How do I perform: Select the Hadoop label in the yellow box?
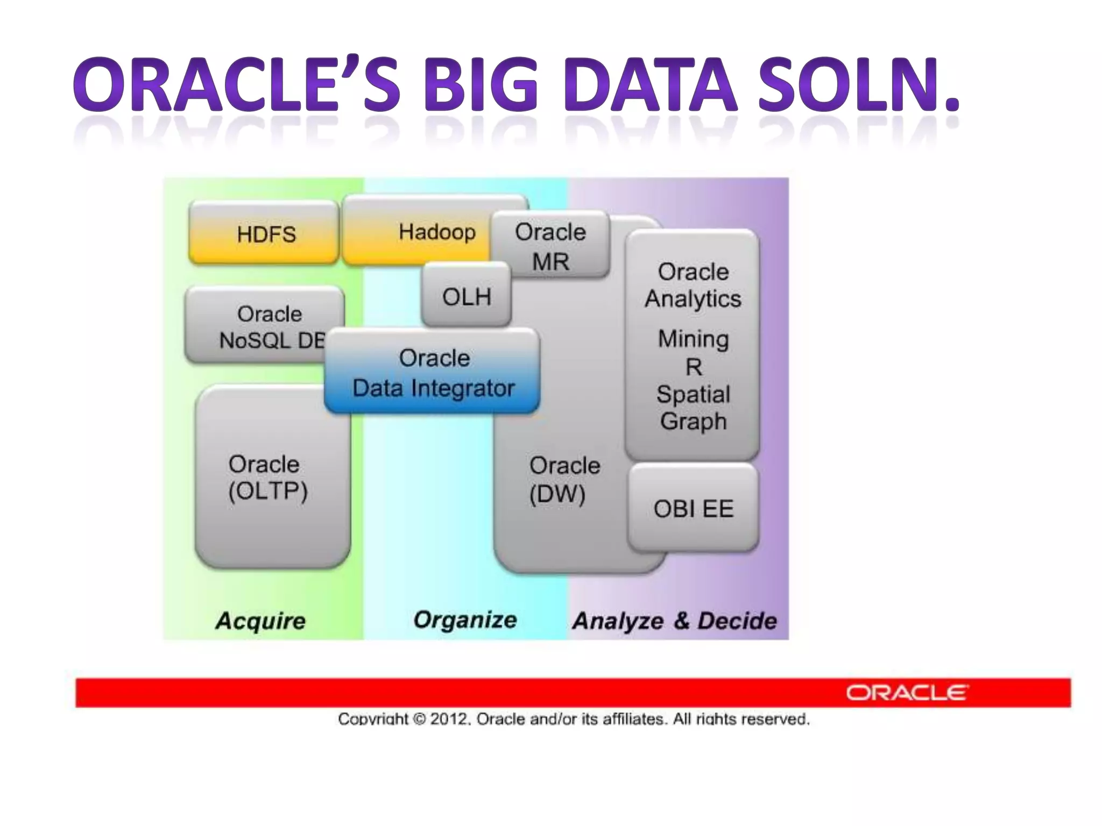437,232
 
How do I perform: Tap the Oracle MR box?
550,246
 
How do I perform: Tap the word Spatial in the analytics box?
693,394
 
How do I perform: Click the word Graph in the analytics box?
693,421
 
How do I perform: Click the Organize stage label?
465,619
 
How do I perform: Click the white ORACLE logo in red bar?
907,693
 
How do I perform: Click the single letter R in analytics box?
693,367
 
